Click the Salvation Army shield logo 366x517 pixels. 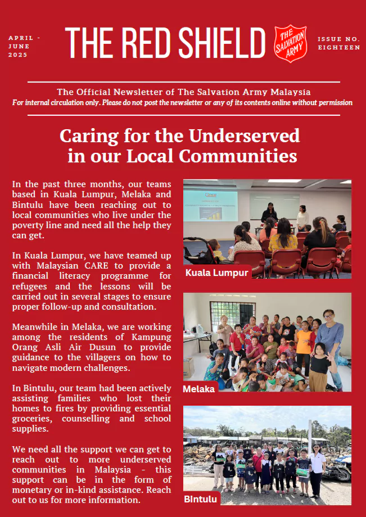point(291,43)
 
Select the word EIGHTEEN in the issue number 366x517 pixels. point(338,48)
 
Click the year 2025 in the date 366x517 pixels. point(18,55)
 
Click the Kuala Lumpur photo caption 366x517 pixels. point(217,273)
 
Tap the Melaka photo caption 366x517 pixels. point(198,388)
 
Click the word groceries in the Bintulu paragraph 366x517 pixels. point(30,419)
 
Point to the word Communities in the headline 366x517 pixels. point(243,156)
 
